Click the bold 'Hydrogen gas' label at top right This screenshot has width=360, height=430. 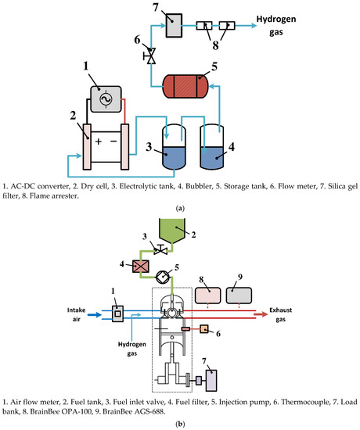tap(283, 27)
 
